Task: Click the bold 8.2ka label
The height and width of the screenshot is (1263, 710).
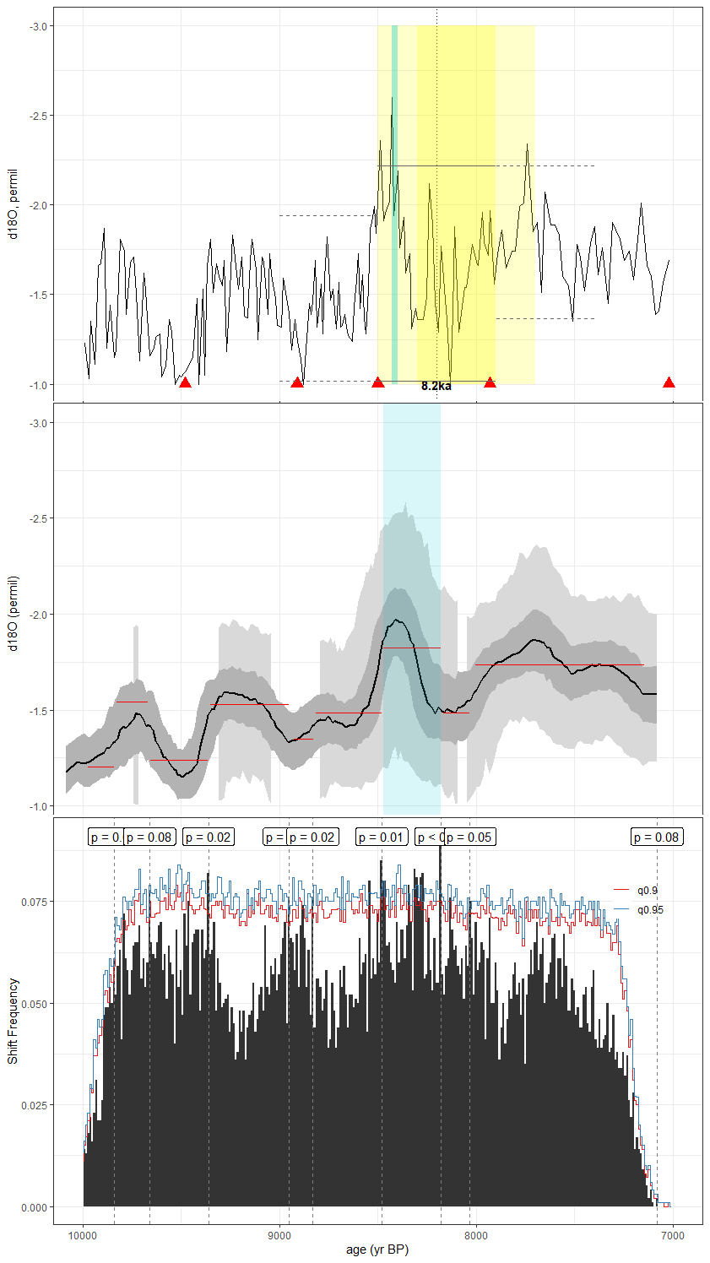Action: click(x=436, y=386)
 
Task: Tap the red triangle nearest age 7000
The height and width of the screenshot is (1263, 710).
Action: click(x=669, y=382)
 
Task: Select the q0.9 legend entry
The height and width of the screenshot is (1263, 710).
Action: click(x=648, y=891)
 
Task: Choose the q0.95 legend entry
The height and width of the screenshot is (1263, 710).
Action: click(x=650, y=909)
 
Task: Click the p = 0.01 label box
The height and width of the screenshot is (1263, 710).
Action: click(x=381, y=837)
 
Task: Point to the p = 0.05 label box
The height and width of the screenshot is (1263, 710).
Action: click(x=469, y=837)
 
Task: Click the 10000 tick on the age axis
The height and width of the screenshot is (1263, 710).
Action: click(x=83, y=1236)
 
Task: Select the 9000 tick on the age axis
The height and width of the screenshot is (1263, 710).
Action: click(x=279, y=1236)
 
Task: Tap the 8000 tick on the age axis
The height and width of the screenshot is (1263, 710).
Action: click(x=476, y=1236)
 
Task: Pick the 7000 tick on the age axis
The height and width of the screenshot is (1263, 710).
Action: click(x=672, y=1236)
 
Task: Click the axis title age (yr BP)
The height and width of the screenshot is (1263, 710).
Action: click(x=377, y=1249)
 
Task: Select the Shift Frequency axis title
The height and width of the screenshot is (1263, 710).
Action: click(x=13, y=1020)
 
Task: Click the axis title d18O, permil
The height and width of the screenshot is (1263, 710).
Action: click(x=13, y=203)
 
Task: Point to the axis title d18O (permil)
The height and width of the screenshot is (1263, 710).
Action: click(x=13, y=613)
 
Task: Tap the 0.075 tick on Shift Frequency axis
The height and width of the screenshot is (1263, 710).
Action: click(x=35, y=902)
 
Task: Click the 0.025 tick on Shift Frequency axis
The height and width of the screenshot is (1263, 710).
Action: click(x=35, y=1105)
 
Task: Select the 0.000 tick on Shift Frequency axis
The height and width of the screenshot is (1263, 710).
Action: click(x=35, y=1207)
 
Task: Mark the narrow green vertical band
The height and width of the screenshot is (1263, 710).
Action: click(x=394, y=203)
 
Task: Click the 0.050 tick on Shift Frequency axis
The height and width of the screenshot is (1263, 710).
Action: click(x=35, y=1004)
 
